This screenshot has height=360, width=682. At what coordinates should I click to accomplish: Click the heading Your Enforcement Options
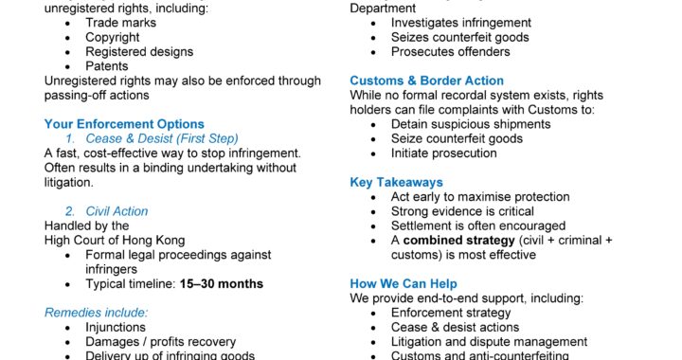click(124, 124)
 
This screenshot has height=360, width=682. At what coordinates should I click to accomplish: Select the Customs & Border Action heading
click(426, 81)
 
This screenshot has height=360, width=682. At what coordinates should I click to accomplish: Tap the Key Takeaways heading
click(396, 182)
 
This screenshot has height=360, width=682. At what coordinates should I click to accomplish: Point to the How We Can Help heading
click(404, 283)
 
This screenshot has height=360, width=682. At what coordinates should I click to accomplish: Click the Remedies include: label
click(96, 312)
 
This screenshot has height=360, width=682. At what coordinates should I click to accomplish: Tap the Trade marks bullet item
click(121, 23)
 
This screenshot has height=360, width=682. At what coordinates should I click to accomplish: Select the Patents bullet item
click(107, 66)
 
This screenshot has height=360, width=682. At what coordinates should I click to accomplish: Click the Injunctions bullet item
click(117, 327)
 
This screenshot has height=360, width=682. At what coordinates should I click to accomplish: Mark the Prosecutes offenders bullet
click(450, 52)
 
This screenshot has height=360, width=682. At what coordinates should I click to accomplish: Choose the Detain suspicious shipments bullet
click(472, 124)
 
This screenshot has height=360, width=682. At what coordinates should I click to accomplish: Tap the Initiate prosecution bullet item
click(443, 153)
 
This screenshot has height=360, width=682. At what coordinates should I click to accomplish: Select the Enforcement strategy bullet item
click(451, 313)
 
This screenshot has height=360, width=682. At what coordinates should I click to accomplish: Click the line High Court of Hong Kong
click(115, 240)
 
